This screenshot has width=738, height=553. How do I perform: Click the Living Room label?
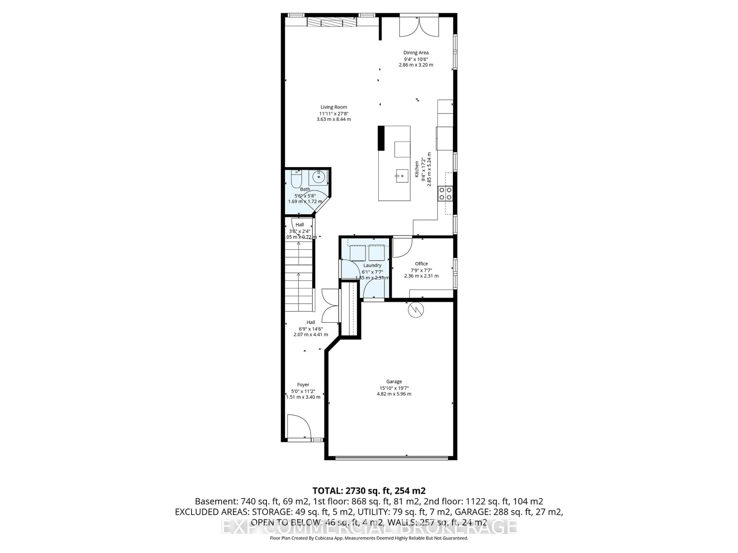(x=334, y=107)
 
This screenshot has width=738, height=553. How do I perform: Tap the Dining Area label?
(x=416, y=53)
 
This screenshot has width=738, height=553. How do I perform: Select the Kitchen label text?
(x=417, y=169)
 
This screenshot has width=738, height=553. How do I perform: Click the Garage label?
(x=394, y=381)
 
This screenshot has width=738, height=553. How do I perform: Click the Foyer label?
(x=303, y=385)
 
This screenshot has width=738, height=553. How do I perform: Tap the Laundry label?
(x=372, y=265)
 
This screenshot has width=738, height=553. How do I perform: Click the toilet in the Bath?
(x=296, y=180)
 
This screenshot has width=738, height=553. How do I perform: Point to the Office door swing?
(x=402, y=247)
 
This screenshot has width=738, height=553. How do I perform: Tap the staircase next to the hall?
(x=299, y=277)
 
